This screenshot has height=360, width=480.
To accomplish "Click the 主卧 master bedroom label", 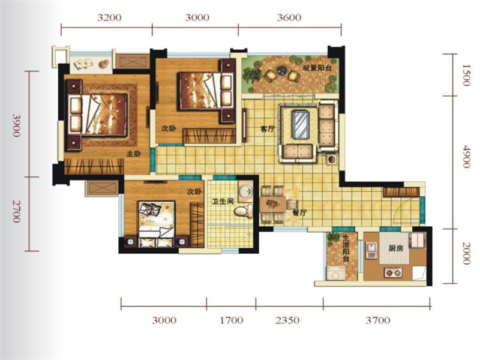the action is click(x=134, y=154).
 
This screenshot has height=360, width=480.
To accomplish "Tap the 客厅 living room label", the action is click(x=267, y=129).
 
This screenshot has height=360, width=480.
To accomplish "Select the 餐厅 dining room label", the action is click(x=299, y=213).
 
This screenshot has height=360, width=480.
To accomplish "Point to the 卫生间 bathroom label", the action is click(x=223, y=202).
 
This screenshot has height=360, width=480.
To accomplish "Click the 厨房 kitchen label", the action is click(x=395, y=248).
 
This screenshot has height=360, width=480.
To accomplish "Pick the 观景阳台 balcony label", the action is click(x=317, y=68).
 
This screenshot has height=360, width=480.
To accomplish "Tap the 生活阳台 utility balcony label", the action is click(x=346, y=248).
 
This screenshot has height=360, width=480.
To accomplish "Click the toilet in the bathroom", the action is click(x=244, y=211).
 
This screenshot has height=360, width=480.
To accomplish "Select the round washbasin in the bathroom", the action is click(x=245, y=191).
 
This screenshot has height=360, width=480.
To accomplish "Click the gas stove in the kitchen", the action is click(x=393, y=272).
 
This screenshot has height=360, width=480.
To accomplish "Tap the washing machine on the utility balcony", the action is click(x=336, y=273).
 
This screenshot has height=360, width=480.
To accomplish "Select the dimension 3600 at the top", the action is click(x=289, y=17).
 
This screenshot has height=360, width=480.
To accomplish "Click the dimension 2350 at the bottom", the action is click(x=287, y=320).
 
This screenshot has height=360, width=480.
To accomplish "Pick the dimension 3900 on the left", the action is click(x=17, y=125).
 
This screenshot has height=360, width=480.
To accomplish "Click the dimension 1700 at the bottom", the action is click(x=232, y=320).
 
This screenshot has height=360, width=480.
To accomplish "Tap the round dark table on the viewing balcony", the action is click(x=281, y=71).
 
